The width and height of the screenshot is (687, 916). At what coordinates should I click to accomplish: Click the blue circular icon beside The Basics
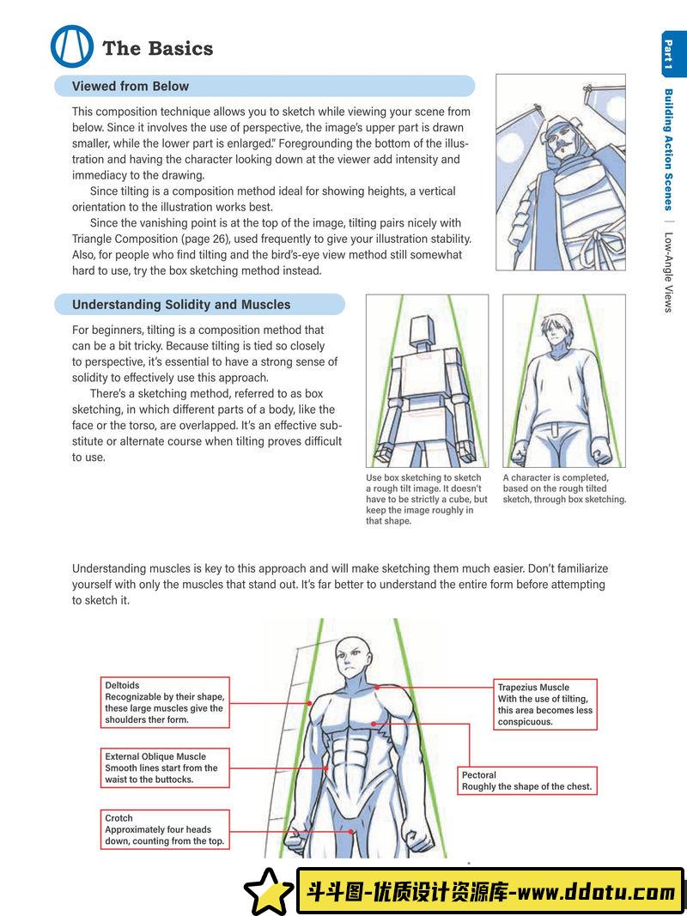(72, 46)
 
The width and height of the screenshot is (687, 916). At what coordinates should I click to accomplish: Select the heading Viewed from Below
(131, 86)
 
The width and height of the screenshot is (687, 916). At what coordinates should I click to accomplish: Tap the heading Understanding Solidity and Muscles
(181, 305)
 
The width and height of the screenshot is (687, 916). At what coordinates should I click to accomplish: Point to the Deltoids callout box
(165, 702)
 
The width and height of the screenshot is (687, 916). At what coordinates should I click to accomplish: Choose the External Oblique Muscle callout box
(165, 767)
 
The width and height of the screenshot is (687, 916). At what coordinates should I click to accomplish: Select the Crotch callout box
(165, 829)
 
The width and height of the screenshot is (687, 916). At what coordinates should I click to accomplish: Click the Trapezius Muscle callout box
(545, 704)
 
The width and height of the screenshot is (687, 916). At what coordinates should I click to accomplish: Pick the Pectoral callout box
(527, 780)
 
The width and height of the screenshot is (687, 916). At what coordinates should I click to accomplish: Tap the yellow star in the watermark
(269, 891)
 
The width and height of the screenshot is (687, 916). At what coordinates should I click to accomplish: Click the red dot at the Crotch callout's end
(350, 831)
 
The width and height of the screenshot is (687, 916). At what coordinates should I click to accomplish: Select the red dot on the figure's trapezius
(377, 687)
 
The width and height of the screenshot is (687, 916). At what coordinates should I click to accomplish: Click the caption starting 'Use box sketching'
(427, 499)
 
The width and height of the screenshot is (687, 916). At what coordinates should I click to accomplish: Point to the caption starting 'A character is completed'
(564, 488)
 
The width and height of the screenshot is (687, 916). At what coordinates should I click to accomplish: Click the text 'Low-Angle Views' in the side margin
(669, 272)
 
